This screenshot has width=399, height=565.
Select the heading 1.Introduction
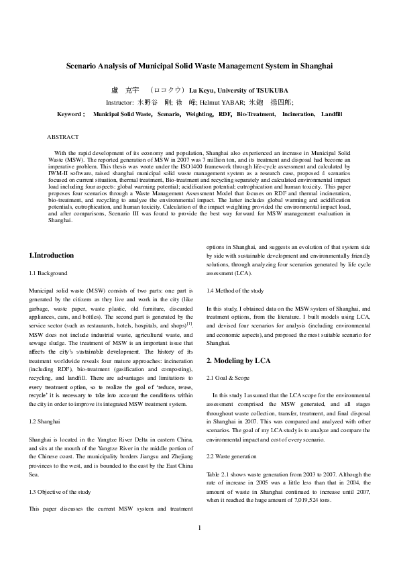point(52,256)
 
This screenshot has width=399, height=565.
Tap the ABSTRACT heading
point(62,137)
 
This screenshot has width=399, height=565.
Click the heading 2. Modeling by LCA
point(238,360)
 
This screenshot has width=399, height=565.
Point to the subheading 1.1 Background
point(48,274)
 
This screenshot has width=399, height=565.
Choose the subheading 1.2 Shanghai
point(44,421)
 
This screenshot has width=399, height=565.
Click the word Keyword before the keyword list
point(70,115)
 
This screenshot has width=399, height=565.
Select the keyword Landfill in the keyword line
point(331,115)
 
